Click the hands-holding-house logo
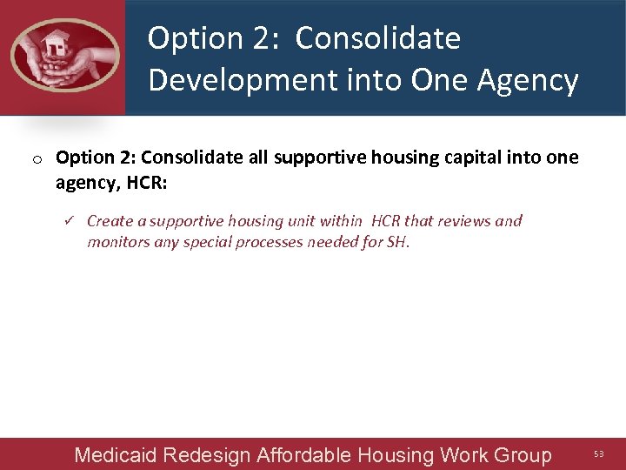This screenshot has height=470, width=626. pyautogui.click(x=63, y=56)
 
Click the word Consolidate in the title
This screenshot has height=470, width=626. pyautogui.click(x=377, y=38)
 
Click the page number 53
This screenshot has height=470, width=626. pyautogui.click(x=598, y=454)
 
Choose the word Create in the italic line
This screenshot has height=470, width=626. pyautogui.click(x=110, y=221)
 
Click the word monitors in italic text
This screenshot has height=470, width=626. pyautogui.click(x=117, y=242)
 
